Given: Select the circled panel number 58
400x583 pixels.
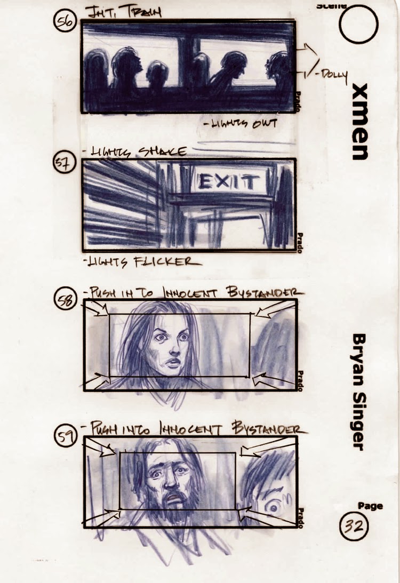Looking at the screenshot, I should point(67,301).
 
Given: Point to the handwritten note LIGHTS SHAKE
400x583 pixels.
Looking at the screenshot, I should point(134,151).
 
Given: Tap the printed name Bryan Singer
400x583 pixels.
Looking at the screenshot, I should point(359,392).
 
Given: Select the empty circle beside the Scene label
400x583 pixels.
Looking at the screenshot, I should point(358,24).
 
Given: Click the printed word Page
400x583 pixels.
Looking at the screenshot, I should point(370,506).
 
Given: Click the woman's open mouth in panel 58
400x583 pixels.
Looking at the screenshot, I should point(172,364).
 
